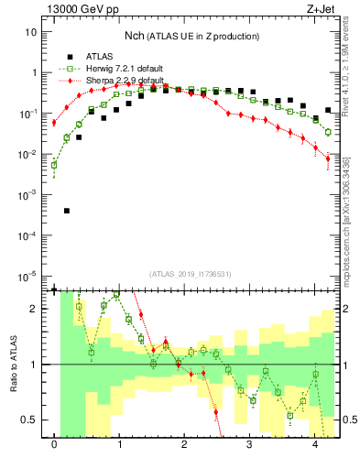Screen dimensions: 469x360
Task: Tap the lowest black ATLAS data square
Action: pyautogui.click(x=67, y=211)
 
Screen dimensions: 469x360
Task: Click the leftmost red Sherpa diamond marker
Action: pyautogui.click(x=54, y=123)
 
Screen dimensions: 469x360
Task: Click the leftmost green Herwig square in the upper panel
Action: pyautogui.click(x=54, y=165)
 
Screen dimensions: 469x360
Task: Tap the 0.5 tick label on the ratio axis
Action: pyautogui.click(x=29, y=420)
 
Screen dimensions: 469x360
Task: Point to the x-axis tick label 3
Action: pyautogui.click(x=251, y=449)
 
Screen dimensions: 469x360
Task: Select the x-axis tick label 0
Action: pyautogui.click(x=55, y=449)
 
